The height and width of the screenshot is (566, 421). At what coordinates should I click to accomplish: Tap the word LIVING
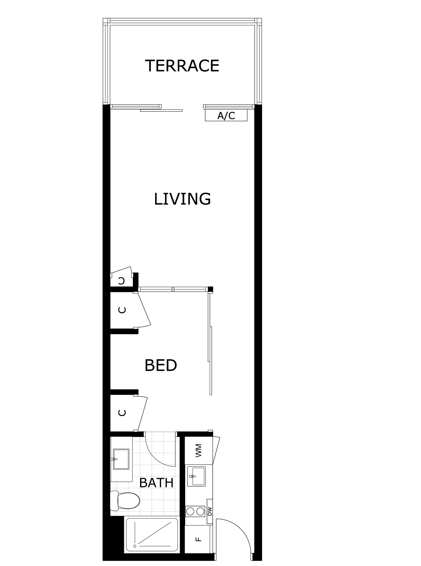[182, 199]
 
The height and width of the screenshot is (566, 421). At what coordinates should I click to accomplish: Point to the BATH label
[156, 483]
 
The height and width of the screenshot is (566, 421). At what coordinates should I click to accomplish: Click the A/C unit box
[226, 116]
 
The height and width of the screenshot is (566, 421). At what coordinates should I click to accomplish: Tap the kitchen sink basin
[196, 476]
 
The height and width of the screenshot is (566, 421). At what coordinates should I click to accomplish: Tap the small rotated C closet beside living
[122, 281]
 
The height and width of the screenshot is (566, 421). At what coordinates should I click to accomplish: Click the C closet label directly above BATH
[122, 413]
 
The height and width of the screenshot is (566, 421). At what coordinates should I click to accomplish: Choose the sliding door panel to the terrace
[161, 110]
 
